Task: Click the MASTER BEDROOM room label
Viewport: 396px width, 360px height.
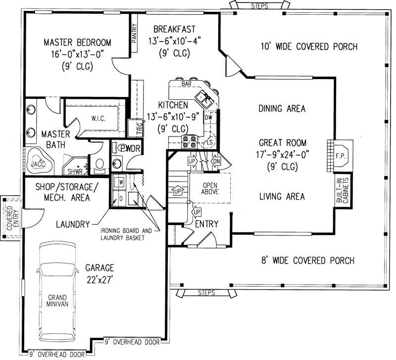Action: coord(77,42)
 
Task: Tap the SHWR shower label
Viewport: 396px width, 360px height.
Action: coord(75,172)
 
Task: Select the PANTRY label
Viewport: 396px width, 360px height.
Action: coord(134,35)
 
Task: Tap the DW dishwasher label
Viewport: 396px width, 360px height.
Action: coord(208,118)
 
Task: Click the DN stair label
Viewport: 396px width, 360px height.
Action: coord(216,161)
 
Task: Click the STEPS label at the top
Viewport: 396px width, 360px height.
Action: coord(259,6)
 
